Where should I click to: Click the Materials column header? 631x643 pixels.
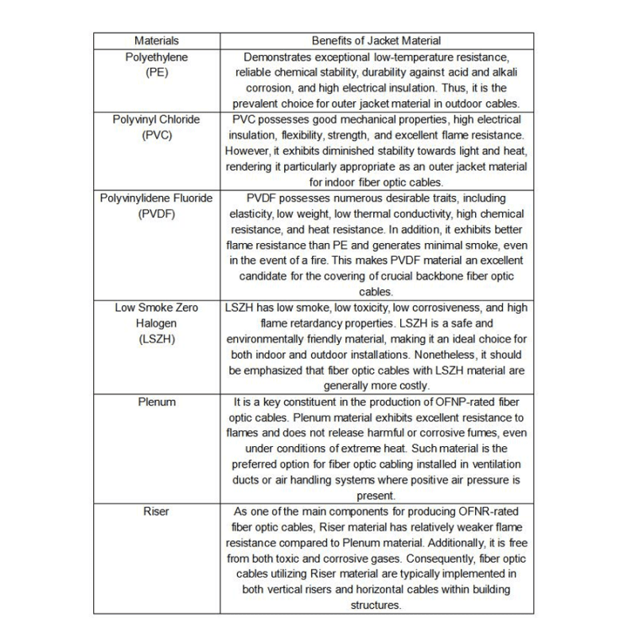click(x=156, y=41)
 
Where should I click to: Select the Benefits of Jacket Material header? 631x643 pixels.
click(x=376, y=41)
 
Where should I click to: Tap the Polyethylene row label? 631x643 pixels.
click(x=156, y=57)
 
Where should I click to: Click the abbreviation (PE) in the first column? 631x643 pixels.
click(x=156, y=73)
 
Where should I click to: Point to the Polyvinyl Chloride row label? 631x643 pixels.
click(x=156, y=120)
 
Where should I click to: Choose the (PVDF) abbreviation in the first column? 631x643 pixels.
click(x=156, y=214)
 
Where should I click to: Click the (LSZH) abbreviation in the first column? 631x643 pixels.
click(x=156, y=339)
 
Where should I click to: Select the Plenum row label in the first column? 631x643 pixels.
click(x=156, y=402)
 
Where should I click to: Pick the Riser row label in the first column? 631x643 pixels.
click(x=156, y=512)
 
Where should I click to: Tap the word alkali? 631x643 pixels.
click(x=504, y=73)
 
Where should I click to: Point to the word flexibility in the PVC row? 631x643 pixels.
click(x=318, y=135)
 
